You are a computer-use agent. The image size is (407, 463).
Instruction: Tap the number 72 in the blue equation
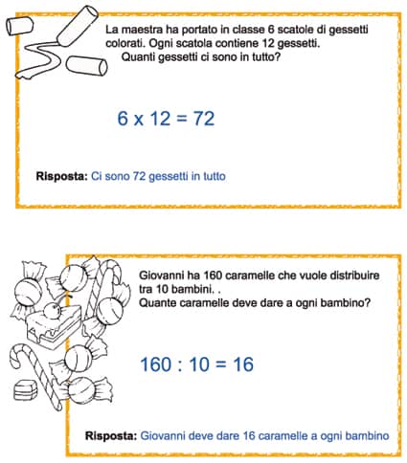(204, 119)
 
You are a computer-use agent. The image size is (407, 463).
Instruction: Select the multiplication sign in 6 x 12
(138, 121)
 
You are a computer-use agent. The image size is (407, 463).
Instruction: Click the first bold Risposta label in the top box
(61, 176)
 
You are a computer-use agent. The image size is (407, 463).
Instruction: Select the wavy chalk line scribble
(39, 60)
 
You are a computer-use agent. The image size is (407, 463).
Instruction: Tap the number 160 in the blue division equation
(156, 364)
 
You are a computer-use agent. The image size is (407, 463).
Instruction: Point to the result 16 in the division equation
(243, 364)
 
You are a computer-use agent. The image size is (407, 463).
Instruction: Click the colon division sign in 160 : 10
(180, 365)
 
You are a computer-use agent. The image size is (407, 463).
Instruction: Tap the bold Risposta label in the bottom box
(111, 436)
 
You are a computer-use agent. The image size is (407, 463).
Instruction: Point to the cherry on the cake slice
(52, 310)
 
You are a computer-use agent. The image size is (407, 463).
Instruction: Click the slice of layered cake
(54, 328)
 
